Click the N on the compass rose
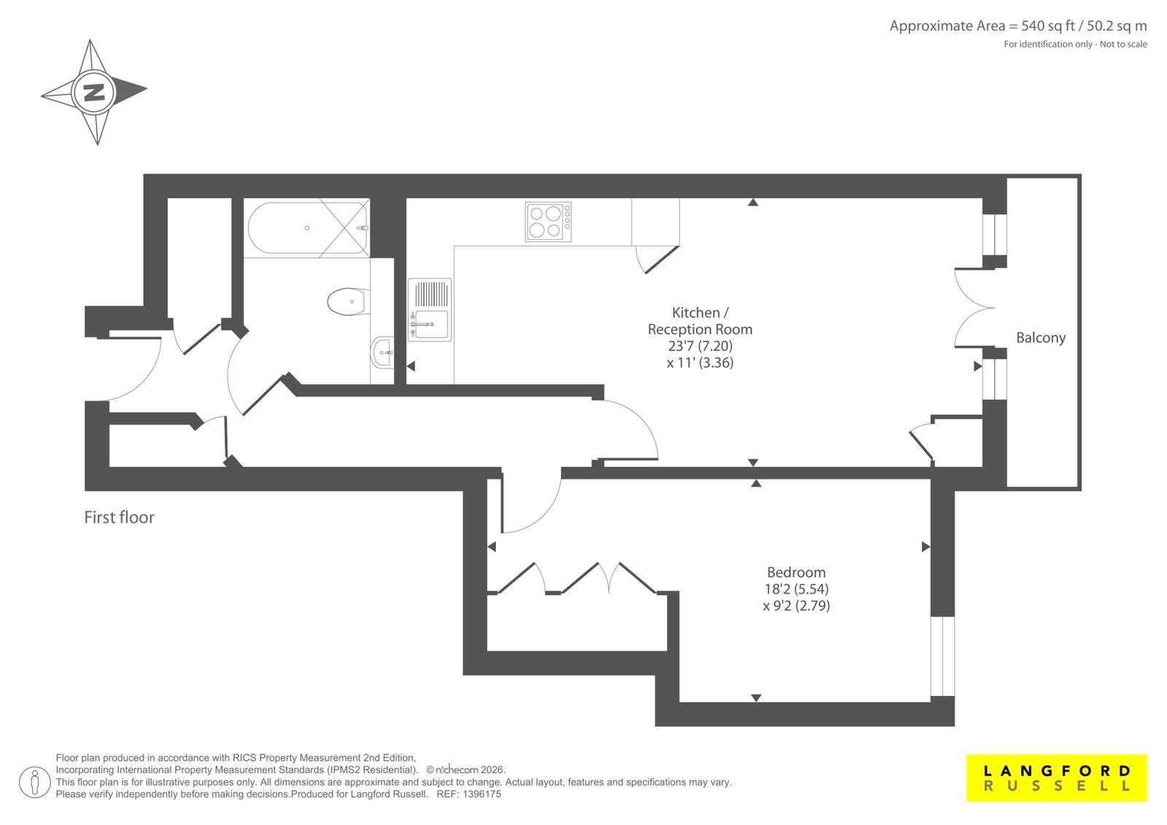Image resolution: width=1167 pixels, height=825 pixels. (94, 92)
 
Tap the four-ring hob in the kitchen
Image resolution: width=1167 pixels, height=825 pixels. (548, 222)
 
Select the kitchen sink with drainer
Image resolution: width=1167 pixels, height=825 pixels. (430, 310)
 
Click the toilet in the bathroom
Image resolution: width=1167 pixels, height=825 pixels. (348, 302)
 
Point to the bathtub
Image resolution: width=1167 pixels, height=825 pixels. (307, 228)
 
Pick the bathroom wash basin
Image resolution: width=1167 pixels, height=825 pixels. (382, 352)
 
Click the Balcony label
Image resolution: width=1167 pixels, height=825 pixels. (1041, 338)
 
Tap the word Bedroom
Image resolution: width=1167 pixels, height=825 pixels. (796, 572)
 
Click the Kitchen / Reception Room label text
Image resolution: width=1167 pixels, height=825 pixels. (700, 321)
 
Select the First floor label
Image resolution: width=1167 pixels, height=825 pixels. (120, 517)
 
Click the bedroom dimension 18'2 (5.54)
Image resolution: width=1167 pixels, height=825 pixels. (796, 589)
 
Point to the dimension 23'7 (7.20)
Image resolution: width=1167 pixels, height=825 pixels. (700, 346)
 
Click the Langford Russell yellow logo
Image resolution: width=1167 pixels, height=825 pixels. (1057, 778)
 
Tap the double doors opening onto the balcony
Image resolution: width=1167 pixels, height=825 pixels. (974, 308)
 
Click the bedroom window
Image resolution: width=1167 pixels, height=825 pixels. (942, 656)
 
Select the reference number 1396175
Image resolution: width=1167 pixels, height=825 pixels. (481, 794)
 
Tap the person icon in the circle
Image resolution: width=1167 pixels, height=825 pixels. (34, 782)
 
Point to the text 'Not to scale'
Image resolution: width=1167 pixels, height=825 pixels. (1123, 44)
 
